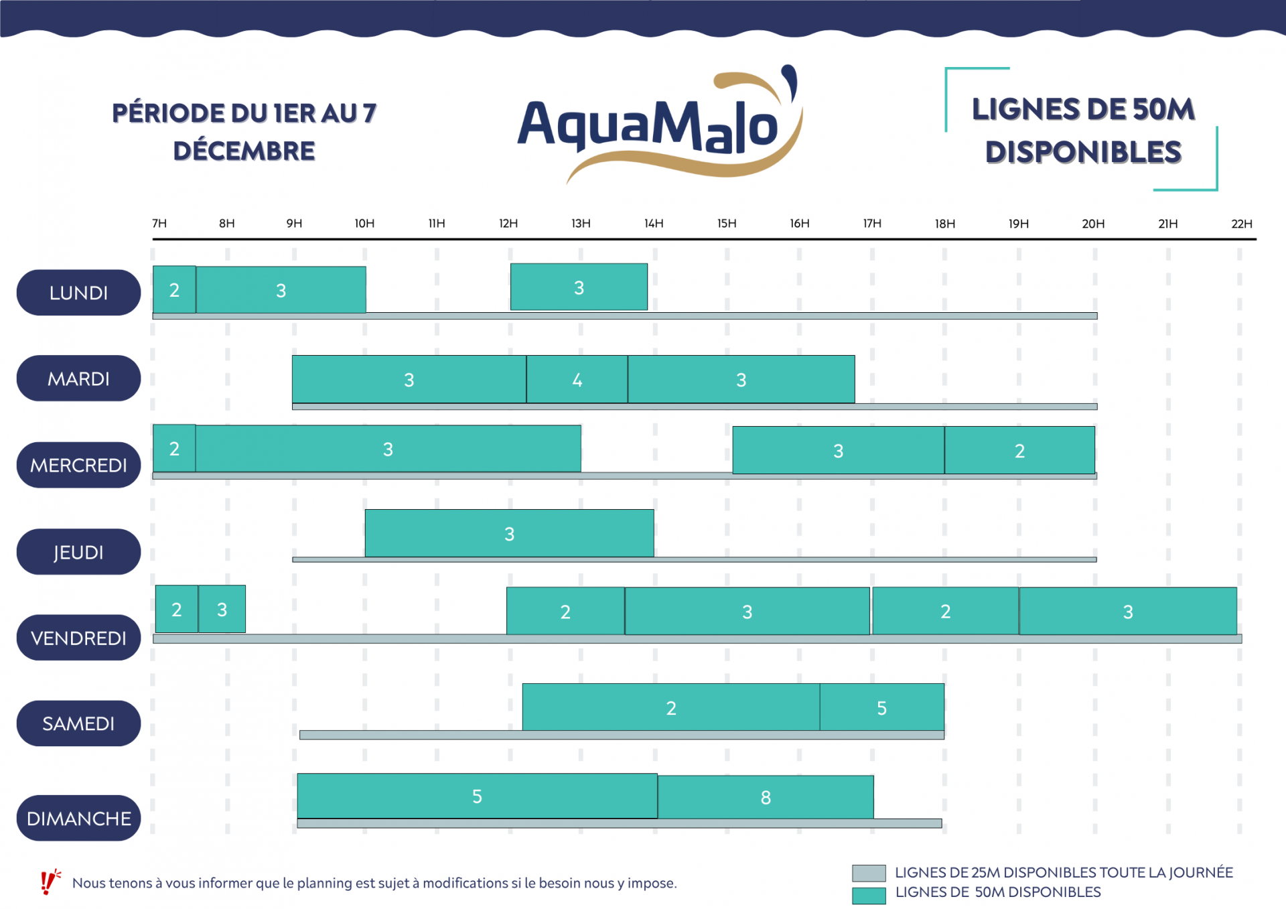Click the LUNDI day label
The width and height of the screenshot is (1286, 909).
pyautogui.click(x=78, y=293)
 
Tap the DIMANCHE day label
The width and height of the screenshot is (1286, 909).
pyautogui.click(x=78, y=818)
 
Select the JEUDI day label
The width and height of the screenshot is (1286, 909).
pyautogui.click(x=78, y=552)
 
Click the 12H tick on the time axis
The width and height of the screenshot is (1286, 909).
pyautogui.click(x=508, y=224)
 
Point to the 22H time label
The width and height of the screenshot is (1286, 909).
pyautogui.click(x=1241, y=224)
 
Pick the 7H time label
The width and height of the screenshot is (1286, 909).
pyautogui.click(x=159, y=224)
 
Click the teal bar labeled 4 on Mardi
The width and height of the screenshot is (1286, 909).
pyautogui.click(x=577, y=380)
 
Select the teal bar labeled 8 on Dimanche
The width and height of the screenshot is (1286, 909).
pyautogui.click(x=766, y=797)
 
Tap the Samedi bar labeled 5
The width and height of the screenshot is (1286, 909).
pyautogui.click(x=881, y=707)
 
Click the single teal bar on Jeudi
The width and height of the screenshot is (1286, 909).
pyautogui.click(x=509, y=533)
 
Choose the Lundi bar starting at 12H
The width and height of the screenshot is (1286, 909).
pyautogui.click(x=579, y=287)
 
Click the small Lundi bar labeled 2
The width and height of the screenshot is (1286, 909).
pyautogui.click(x=174, y=290)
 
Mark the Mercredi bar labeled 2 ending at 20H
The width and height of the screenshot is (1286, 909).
pyautogui.click(x=1019, y=450)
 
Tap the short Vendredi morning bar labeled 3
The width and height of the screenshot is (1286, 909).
pyautogui.click(x=222, y=609)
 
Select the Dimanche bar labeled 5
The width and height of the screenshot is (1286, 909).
pyautogui.click(x=477, y=796)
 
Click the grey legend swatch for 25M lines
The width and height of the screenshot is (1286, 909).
pyautogui.click(x=869, y=873)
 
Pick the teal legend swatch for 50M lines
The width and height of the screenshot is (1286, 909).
pyautogui.click(x=869, y=895)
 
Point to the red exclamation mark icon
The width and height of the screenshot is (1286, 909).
pyautogui.click(x=49, y=882)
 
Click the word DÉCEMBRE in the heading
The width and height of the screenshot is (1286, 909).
pyautogui.click(x=244, y=151)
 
